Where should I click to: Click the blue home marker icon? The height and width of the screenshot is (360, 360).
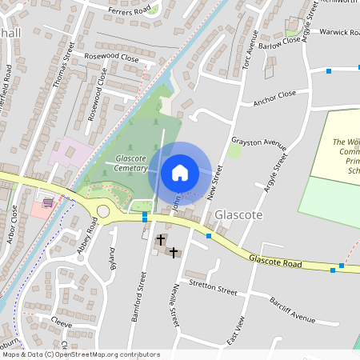click(180, 172)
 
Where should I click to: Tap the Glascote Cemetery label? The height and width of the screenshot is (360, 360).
click(130, 163)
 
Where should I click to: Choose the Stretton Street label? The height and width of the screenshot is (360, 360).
click(214, 287)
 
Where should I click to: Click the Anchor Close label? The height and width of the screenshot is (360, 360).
click(274, 98)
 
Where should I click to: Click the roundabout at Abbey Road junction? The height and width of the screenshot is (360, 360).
click(102, 211)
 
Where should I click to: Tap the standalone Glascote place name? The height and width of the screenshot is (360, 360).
click(236, 215)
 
